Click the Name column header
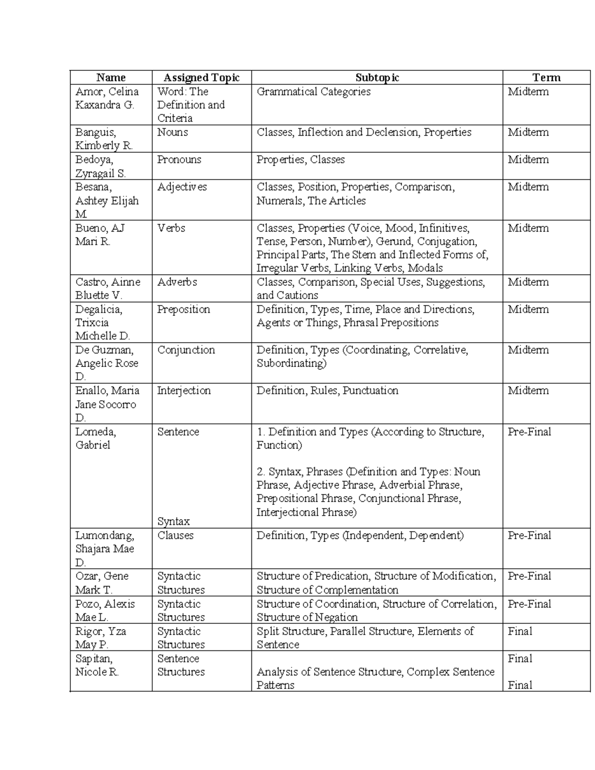tap(111, 77)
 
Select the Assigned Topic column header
tap(201, 77)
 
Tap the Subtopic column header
tap(377, 77)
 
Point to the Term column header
tap(546, 77)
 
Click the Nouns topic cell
tap(173, 132)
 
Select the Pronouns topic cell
tap(179, 160)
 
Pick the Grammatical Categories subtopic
tap(313, 92)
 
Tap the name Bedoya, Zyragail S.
tap(101, 167)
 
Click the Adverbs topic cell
tap(177, 282)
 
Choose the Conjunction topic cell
tap(186, 350)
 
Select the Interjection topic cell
tap(184, 391)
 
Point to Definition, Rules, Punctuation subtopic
tap(327, 391)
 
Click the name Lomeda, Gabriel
tap(96, 438)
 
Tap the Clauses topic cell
tap(175, 535)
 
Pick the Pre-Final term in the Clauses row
tap(529, 535)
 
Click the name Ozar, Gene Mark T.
tap(102, 583)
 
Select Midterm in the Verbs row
tap(528, 228)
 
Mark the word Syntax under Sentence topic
tap(174, 522)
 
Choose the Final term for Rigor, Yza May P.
tap(520, 631)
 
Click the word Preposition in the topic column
tap(183, 309)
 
